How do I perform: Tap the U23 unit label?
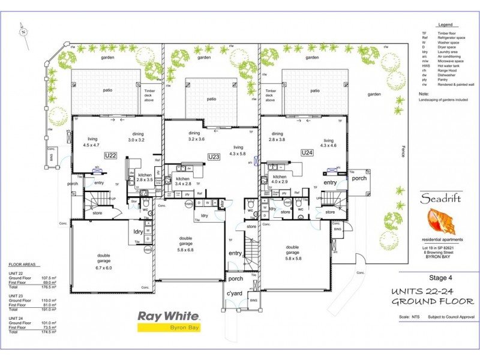214,157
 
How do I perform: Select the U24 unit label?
307,153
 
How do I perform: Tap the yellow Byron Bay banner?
169,328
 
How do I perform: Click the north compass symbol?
23,30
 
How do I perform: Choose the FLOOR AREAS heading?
25,264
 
